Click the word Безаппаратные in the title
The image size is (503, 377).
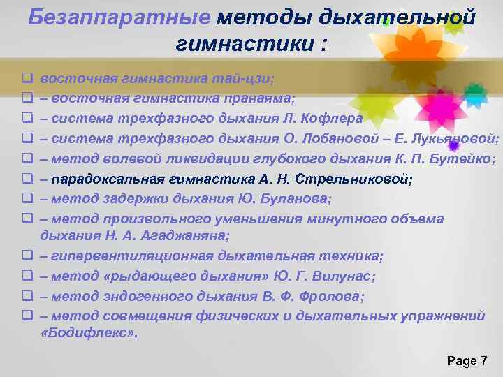(x=119, y=17)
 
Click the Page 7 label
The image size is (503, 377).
(x=466, y=360)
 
